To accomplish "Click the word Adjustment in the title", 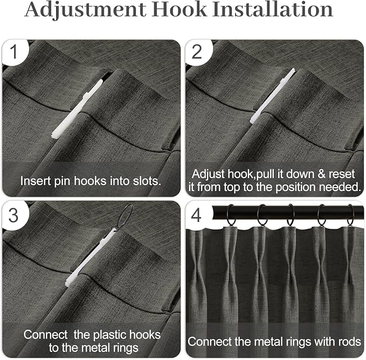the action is (85, 10).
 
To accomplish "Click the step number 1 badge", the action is (15, 51).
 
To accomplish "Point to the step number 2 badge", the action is (197, 52).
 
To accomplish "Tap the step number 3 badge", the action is (14, 215).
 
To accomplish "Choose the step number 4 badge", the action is (196, 215).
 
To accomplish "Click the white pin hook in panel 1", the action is (77, 109).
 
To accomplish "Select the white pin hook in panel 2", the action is (272, 96).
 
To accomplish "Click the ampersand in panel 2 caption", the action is (321, 174).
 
